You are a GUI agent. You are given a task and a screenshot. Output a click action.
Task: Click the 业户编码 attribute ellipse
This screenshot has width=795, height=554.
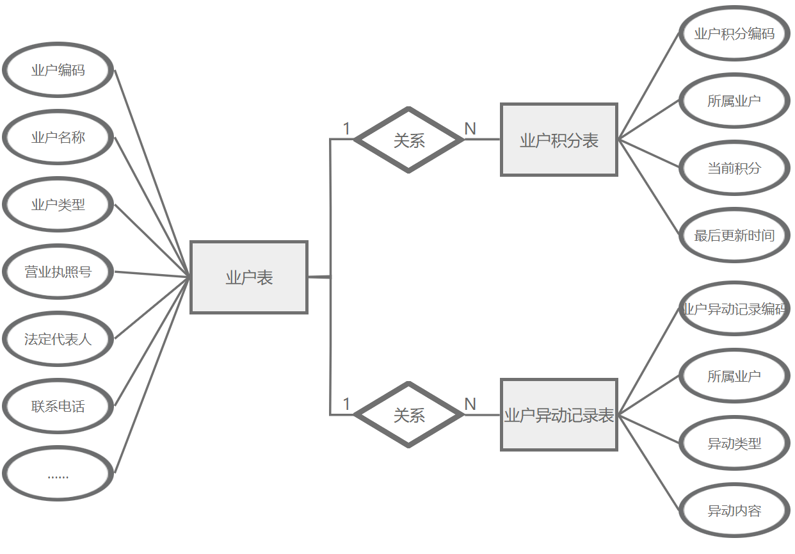58,70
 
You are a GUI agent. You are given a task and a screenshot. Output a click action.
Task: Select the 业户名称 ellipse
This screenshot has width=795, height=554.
58,138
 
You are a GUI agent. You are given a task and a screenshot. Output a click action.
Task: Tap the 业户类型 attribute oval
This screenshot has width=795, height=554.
58,205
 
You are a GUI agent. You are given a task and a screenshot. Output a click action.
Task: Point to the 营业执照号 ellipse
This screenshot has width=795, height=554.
58,272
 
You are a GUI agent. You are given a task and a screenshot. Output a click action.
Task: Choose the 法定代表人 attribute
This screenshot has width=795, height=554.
58,339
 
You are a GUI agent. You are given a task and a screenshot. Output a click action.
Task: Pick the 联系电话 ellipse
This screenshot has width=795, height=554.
58,407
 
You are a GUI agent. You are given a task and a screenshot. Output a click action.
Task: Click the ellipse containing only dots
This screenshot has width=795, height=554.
58,474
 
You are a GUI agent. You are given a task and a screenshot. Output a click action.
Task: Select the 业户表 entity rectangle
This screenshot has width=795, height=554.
249,277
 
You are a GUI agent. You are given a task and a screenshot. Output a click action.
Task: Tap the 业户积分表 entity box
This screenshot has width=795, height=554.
559,140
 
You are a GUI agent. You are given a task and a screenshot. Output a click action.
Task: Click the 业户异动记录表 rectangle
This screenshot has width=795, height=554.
559,415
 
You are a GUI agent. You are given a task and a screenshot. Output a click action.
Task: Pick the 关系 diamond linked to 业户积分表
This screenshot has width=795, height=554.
409,140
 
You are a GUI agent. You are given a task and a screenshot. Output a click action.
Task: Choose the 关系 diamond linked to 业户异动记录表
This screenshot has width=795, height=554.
409,415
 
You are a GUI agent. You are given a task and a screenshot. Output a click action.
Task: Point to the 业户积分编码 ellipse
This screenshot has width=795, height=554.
734,33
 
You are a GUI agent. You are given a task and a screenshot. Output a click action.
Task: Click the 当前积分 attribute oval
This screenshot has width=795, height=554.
734,168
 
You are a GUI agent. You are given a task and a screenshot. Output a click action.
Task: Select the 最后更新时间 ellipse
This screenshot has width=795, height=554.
734,236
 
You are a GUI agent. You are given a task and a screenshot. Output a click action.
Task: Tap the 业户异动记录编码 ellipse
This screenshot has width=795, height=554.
734,309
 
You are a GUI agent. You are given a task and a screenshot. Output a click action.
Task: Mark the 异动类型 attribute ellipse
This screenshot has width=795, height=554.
734,443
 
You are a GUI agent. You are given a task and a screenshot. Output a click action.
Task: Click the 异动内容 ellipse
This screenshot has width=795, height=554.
734,511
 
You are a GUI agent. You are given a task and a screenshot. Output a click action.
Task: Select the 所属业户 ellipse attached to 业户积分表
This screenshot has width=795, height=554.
734,101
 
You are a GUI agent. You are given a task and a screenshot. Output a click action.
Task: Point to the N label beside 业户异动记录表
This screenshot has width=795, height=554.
470,404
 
